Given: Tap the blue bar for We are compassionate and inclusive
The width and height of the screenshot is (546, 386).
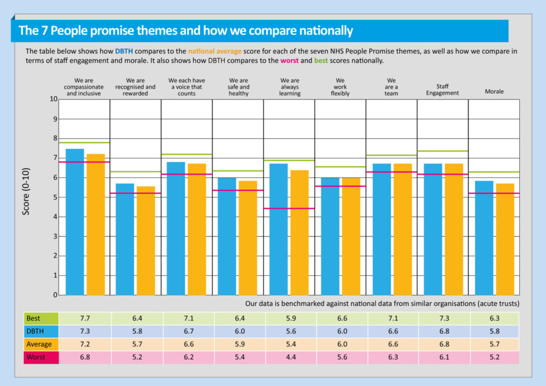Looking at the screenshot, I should (75, 222).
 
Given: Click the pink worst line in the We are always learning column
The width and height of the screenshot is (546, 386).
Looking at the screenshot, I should (289, 209).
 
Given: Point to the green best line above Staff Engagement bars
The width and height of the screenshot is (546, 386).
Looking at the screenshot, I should (442, 151).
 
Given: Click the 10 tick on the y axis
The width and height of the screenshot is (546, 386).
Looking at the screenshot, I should (53, 99).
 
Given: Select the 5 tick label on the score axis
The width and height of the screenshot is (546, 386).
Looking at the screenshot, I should (55, 197).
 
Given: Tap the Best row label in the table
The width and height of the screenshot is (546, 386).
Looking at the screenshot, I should (41, 319).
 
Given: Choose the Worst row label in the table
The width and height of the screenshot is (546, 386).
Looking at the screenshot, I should (41, 358).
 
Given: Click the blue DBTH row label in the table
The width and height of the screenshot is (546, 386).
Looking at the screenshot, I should (41, 331).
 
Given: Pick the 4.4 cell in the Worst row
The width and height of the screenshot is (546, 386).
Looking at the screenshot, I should (290, 358).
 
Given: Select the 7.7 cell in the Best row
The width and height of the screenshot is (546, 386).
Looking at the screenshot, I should (85, 319).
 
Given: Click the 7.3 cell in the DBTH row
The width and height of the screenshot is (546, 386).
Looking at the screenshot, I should (85, 331).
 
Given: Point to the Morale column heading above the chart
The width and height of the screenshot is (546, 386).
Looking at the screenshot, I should (494, 91).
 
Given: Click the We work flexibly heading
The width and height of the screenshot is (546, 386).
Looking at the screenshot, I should (341, 87).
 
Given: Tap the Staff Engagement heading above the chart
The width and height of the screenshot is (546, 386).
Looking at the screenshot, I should (442, 90).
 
